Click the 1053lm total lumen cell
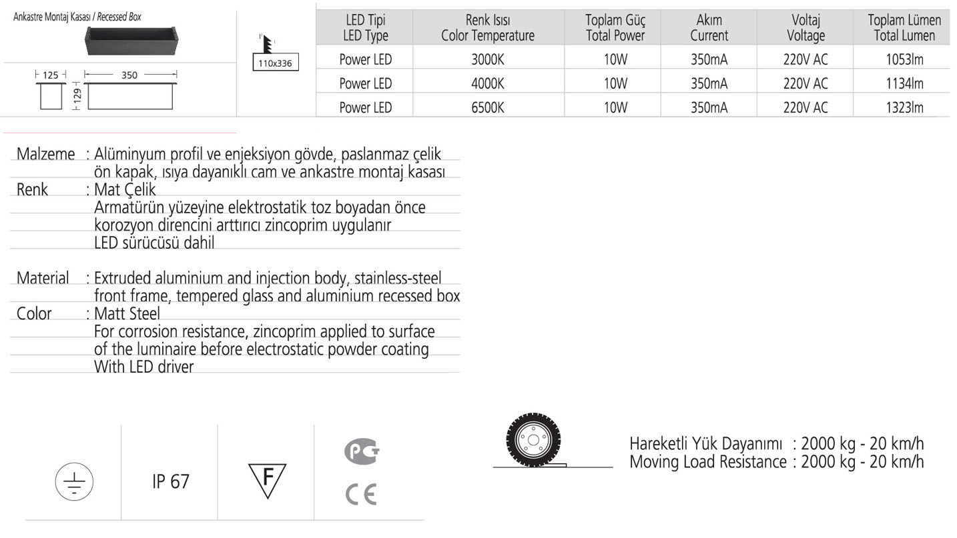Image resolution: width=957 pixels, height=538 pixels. [904, 59]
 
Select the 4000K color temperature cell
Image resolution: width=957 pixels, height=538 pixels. [487, 83]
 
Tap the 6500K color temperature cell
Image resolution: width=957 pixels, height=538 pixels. [487, 107]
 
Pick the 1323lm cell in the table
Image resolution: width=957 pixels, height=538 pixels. [904, 107]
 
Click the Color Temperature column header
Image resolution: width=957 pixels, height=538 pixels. [487, 28]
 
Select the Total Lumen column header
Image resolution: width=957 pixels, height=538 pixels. [904, 28]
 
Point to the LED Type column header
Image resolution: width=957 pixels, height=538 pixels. [365, 28]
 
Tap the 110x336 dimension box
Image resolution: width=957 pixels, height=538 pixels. [276, 64]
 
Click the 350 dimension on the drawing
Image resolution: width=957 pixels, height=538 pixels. [129, 75]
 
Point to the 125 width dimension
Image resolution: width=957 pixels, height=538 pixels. [50, 75]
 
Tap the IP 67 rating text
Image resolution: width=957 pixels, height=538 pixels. [171, 481]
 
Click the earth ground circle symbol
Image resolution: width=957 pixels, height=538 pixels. [74, 481]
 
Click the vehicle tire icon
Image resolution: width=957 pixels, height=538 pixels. [533, 441]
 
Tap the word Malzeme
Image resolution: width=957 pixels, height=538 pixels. [45, 154]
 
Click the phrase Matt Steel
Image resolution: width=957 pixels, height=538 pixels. [127, 313]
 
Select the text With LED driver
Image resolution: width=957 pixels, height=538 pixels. [143, 366]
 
